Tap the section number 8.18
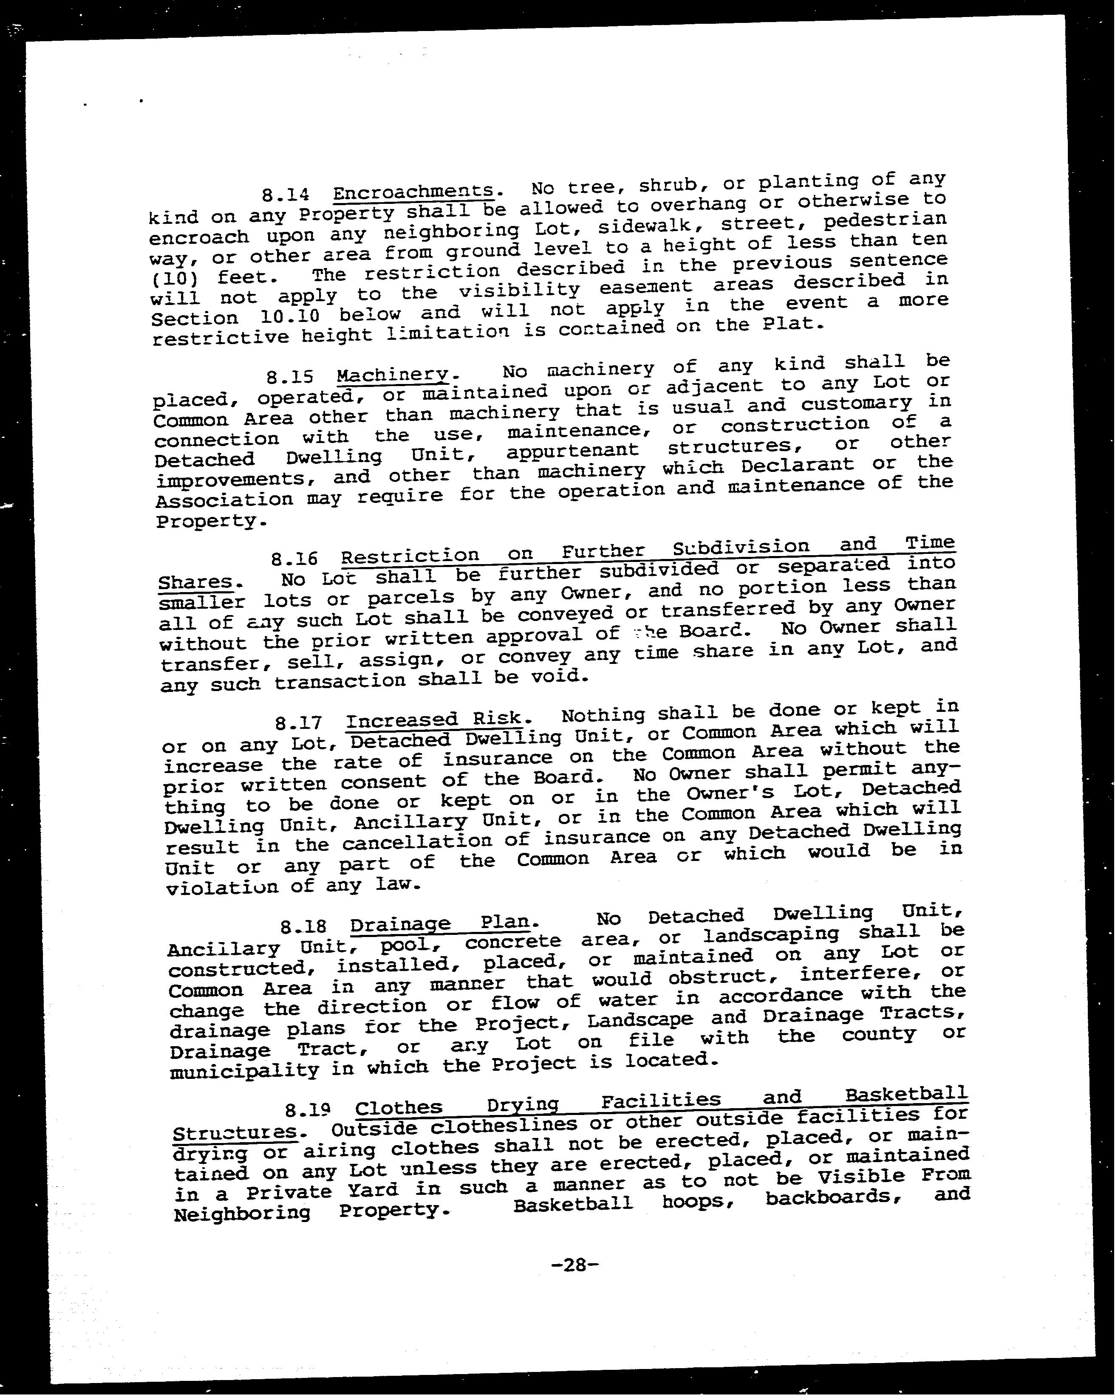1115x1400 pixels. (303, 926)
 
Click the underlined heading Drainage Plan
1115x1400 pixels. (444, 923)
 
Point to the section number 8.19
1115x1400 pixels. (308, 1110)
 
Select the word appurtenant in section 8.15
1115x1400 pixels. (572, 450)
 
